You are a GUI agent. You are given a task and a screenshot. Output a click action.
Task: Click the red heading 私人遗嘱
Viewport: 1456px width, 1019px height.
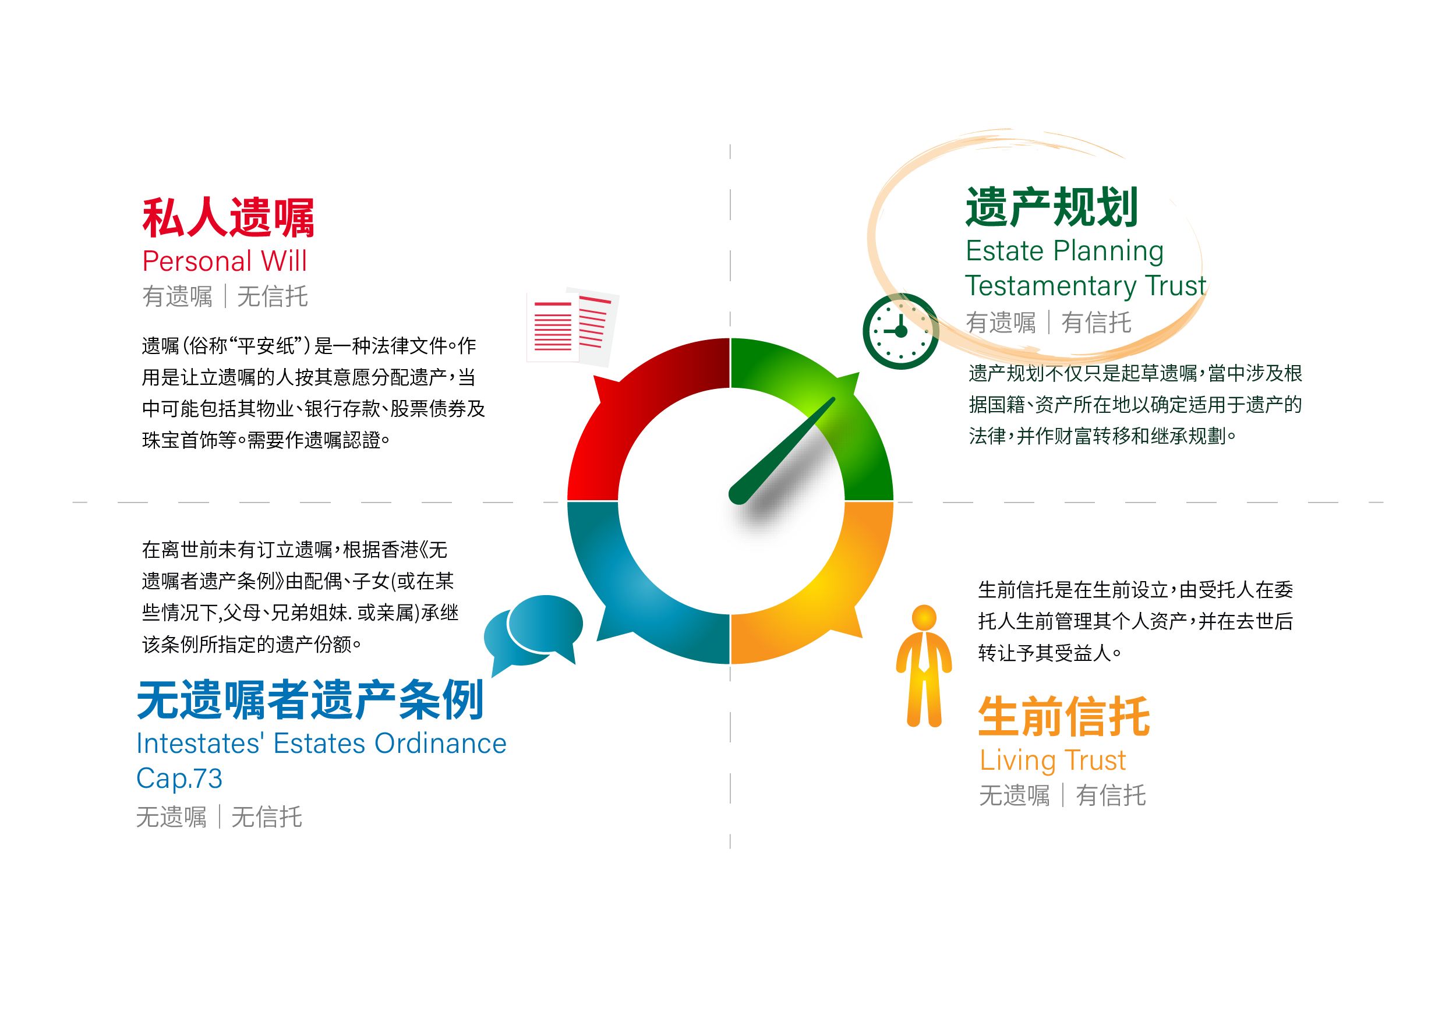point(228,218)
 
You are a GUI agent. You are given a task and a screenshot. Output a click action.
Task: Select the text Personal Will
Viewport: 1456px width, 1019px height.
point(224,261)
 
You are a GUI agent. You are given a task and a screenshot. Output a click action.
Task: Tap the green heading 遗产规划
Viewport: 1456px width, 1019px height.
point(1052,207)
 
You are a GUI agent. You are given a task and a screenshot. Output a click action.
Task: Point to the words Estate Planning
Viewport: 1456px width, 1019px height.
point(1065,252)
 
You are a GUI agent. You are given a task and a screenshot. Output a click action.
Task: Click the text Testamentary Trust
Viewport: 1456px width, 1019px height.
point(1086,286)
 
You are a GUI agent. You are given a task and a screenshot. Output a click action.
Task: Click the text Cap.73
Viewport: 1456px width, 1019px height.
point(179,779)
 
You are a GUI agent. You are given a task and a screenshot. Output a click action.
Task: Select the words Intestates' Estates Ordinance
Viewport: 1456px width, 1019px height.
point(321,743)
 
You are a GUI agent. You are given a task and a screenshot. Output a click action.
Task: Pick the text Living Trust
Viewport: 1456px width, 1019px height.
point(1052,760)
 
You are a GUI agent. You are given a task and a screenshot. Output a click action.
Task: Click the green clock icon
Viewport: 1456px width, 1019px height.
point(900,331)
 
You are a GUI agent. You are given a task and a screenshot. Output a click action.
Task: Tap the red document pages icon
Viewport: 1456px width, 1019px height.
point(572,327)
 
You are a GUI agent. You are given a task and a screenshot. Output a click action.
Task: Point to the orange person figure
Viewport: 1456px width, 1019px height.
point(924,666)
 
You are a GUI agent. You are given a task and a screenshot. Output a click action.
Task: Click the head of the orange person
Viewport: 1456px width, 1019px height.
point(924,618)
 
